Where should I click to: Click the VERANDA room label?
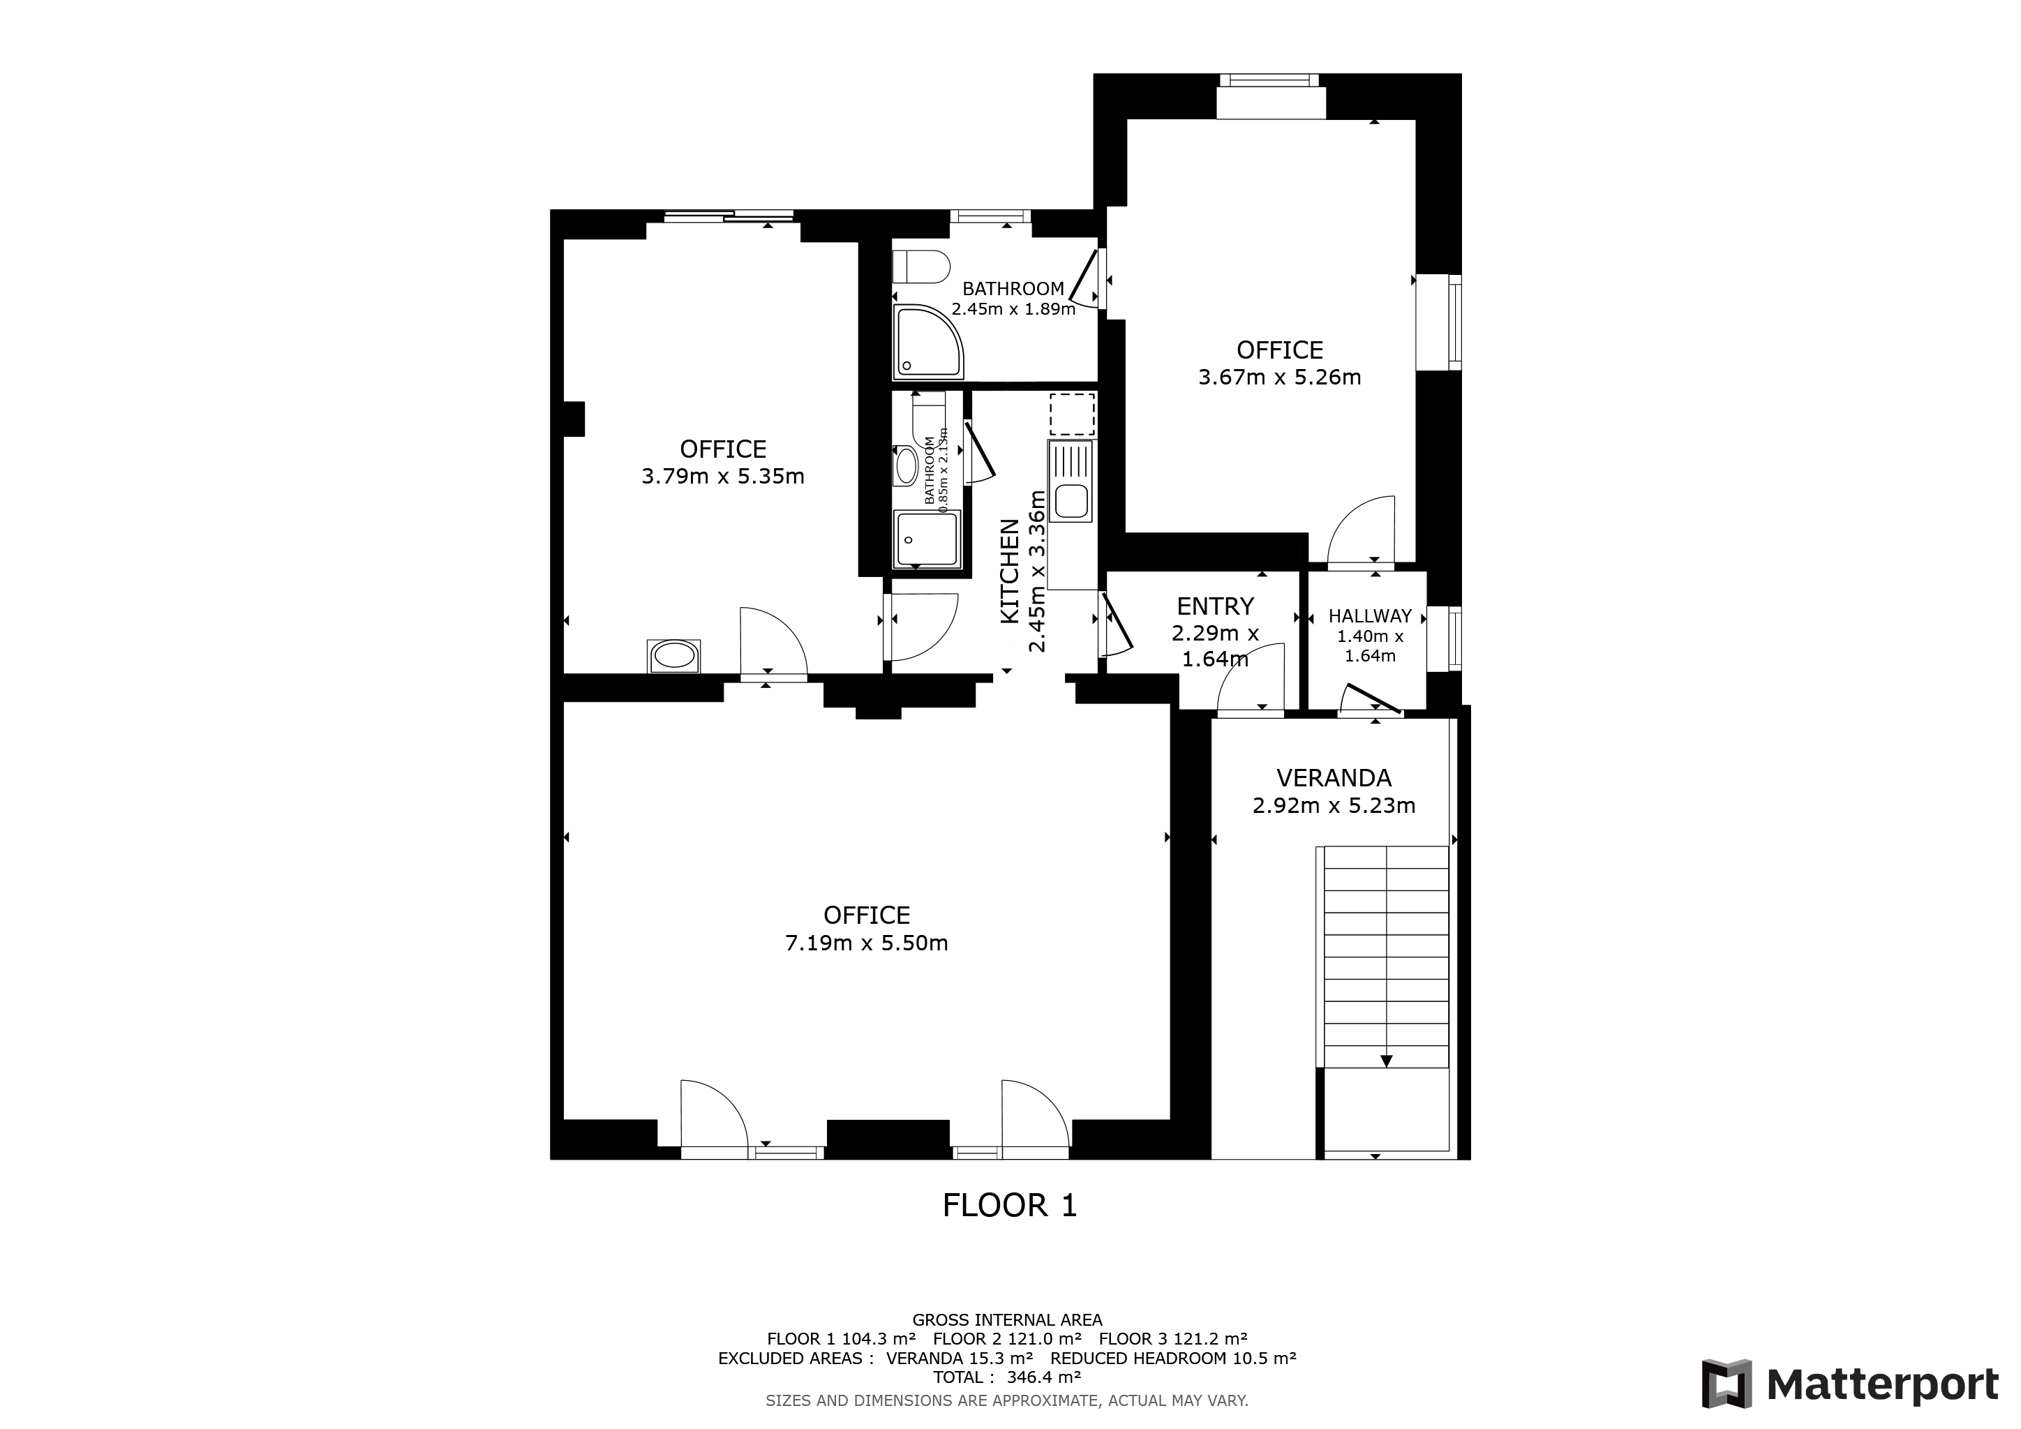[1334, 778]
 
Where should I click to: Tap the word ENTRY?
[1215, 606]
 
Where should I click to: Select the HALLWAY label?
[1370, 617]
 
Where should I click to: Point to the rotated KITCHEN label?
[1010, 572]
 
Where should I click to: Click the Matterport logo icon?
[1726, 1384]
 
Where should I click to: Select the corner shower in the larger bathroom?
[929, 341]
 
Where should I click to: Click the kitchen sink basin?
[1071, 502]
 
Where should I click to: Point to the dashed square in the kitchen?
[1071, 415]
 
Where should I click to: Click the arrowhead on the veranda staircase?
[1387, 1061]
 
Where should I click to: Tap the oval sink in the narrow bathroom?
[906, 466]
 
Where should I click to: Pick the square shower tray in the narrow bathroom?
[926, 539]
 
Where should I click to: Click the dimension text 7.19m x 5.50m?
[866, 943]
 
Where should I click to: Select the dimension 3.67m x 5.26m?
[1280, 377]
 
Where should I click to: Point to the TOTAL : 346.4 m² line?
[1007, 1377]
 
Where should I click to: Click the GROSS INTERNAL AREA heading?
[1007, 1320]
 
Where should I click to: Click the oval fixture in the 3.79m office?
[675, 656]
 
